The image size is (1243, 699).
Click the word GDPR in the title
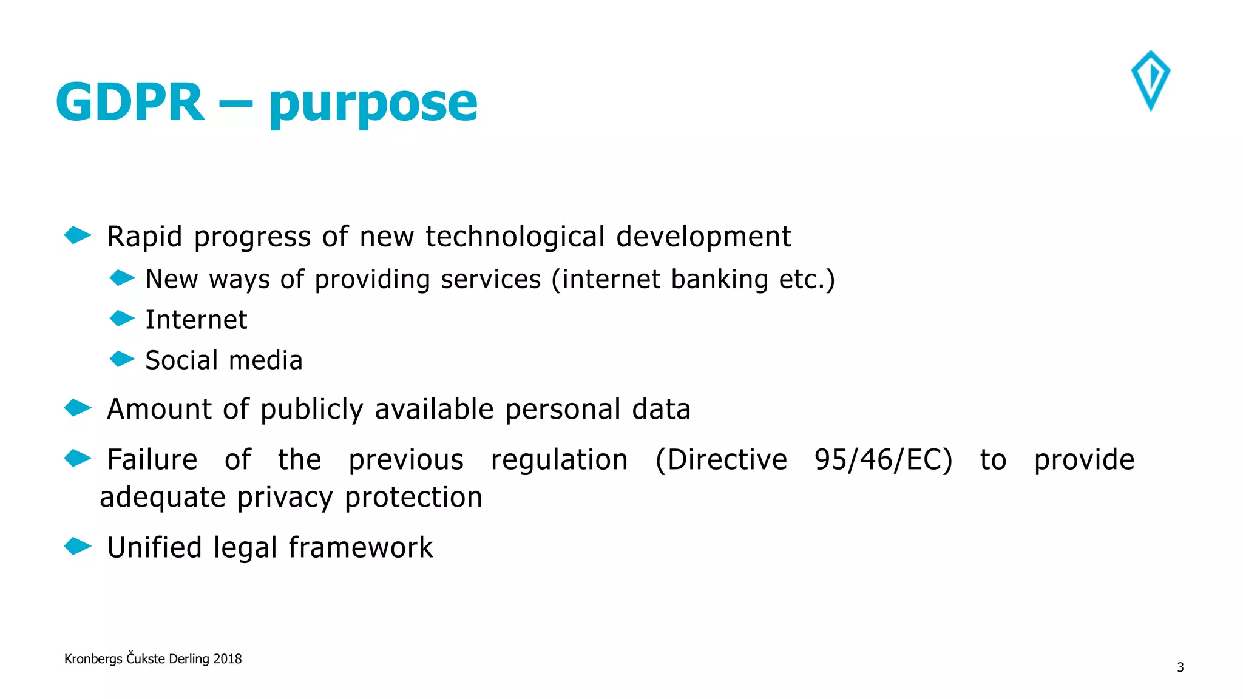point(130,102)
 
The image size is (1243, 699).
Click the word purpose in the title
point(373,104)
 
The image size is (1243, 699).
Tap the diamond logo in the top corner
point(1150,81)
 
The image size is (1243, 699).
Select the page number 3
point(1180,667)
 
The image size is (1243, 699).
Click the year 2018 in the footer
point(228,659)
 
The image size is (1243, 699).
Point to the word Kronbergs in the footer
point(93,660)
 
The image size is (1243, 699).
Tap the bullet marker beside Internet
point(122,319)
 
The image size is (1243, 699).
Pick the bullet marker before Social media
point(122,359)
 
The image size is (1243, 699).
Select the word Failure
point(152,460)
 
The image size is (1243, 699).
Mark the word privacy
point(285,498)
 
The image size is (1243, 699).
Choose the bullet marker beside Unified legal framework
point(78,546)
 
